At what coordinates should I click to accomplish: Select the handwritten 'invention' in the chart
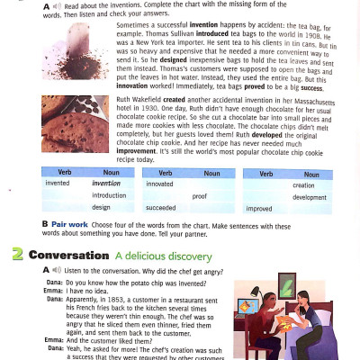coord(106,183)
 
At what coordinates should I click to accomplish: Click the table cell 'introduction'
coord(109,195)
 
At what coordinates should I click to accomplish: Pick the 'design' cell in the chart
coord(101,207)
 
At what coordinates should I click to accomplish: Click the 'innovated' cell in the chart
coord(159,183)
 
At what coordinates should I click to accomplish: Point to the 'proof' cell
coord(199,195)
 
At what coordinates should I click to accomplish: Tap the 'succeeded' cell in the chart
coord(161,207)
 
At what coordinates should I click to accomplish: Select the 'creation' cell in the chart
coord(303,184)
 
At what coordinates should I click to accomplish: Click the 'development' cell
coord(309,197)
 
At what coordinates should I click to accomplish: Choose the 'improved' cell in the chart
coord(259,208)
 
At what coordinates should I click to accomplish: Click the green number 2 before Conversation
coord(17,255)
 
